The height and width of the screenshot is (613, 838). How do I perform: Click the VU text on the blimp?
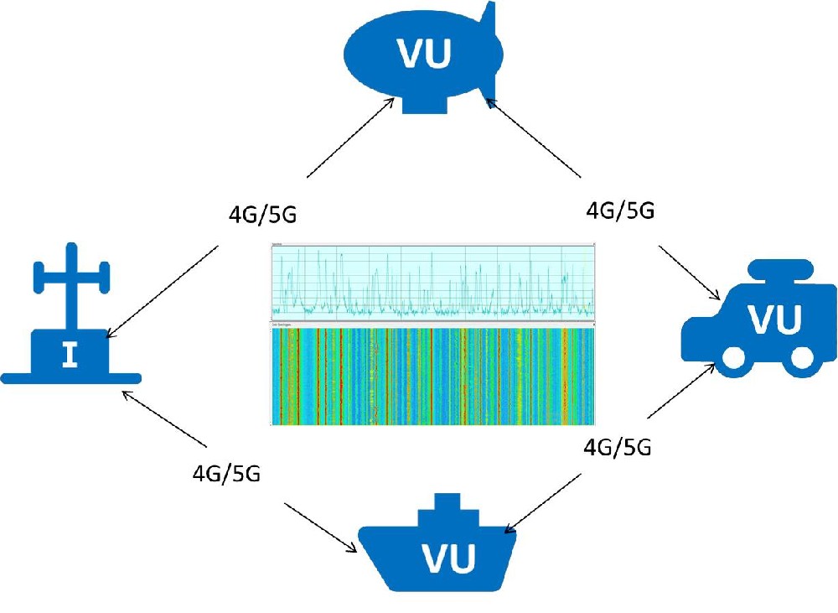424,55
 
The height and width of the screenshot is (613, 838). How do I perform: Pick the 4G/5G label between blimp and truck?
618,210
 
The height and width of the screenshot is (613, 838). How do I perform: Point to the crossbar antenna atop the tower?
71,273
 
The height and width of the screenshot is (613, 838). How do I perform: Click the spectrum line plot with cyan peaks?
432,283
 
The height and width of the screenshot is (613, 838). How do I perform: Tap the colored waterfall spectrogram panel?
432,375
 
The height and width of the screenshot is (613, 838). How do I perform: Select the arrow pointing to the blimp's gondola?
351,137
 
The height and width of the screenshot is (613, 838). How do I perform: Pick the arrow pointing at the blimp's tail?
533,137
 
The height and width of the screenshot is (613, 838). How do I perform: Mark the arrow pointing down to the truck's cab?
690,273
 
